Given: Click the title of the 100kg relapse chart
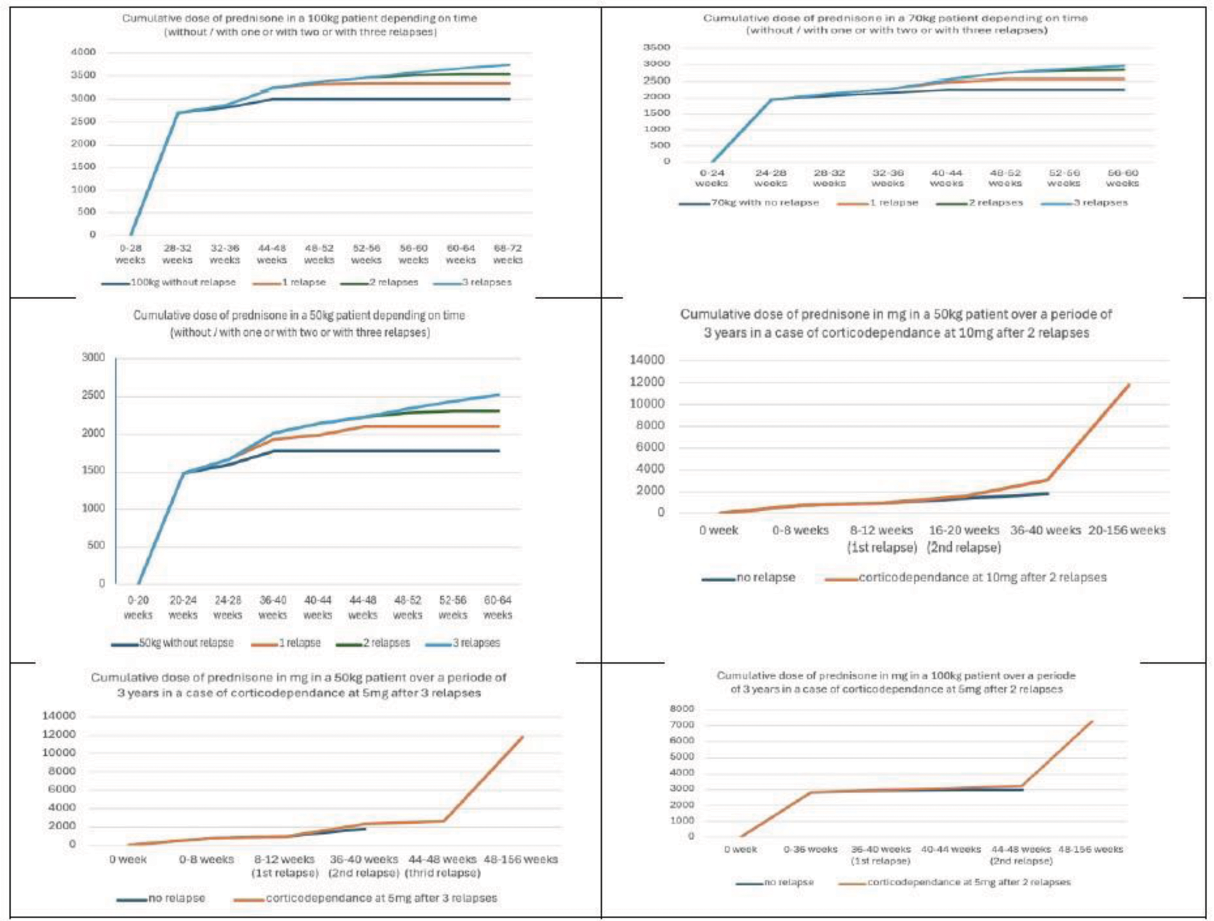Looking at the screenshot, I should (x=299, y=25).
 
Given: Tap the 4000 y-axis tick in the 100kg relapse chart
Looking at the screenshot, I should (x=83, y=52).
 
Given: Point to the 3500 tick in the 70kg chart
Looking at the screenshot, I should (x=656, y=48).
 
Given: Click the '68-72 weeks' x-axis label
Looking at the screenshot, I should (x=508, y=254).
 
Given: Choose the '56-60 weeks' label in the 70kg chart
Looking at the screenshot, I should (x=1122, y=178).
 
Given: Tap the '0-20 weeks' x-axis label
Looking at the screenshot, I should (x=138, y=607).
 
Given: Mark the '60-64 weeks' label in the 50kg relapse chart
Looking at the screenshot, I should (x=498, y=607).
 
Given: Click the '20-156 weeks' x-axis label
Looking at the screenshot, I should (x=1126, y=531).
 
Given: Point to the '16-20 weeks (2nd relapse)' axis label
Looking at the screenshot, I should (x=964, y=539).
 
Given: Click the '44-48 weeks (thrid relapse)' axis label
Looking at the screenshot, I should (x=442, y=866).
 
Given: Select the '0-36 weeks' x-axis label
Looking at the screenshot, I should (x=810, y=849).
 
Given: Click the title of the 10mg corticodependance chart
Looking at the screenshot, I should (x=896, y=324).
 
